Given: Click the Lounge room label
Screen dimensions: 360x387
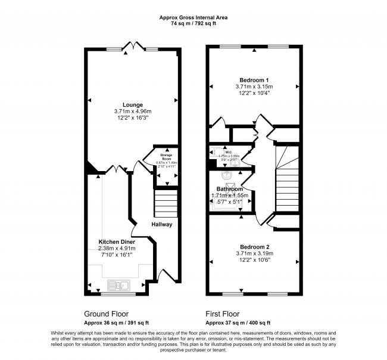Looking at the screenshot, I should coord(133,105).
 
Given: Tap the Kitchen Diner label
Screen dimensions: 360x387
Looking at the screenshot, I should coord(117,242).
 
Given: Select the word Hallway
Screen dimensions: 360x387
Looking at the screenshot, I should coord(161,225).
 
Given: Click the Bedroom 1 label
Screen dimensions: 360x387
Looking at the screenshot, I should coord(254,80).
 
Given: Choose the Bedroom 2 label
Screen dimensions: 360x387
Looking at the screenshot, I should coord(254,246).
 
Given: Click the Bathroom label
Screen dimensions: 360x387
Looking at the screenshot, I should coord(229,189).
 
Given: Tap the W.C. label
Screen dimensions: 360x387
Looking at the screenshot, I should coord(227,151).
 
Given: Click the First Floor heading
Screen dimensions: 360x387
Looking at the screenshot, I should coord(223,314).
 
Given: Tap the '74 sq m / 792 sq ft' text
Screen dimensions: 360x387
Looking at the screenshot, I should coord(193,25).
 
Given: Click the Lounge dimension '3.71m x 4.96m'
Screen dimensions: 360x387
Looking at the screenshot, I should coord(133,111).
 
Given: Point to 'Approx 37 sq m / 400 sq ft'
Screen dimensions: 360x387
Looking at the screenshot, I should coord(237,322).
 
